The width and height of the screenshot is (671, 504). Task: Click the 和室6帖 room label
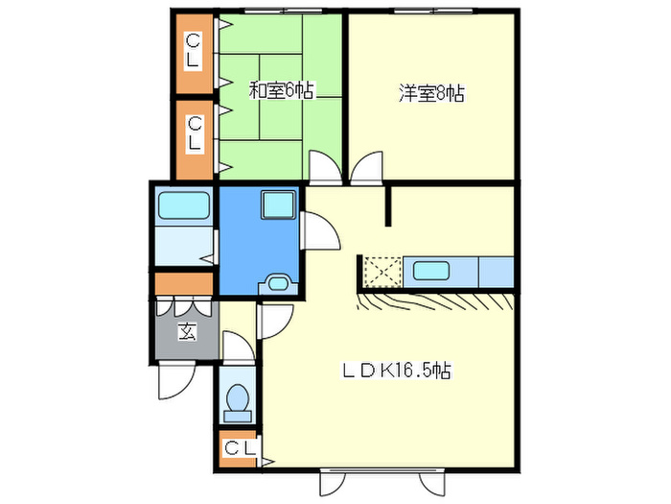pyautogui.click(x=281, y=91)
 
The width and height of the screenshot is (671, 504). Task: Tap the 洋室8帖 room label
pyautogui.click(x=431, y=94)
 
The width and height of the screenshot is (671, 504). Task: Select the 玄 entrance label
pyautogui.click(x=185, y=333)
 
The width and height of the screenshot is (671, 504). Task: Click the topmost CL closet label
pyautogui.click(x=194, y=50)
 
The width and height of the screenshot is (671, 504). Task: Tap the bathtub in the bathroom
pyautogui.click(x=183, y=205)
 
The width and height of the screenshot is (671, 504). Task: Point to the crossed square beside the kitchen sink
pyautogui.click(x=381, y=272)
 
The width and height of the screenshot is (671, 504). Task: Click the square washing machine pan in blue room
pyautogui.click(x=278, y=204)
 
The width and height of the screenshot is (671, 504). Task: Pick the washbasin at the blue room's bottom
pyautogui.click(x=279, y=282)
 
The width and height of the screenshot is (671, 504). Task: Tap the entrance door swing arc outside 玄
pyautogui.click(x=174, y=382)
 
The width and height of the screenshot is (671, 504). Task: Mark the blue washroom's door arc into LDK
pyautogui.click(x=320, y=230)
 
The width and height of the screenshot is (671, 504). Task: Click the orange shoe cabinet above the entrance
pyautogui.click(x=183, y=285)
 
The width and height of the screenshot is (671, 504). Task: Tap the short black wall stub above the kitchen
pyautogui.click(x=388, y=205)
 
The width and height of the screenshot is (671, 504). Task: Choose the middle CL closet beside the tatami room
pyautogui.click(x=194, y=132)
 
